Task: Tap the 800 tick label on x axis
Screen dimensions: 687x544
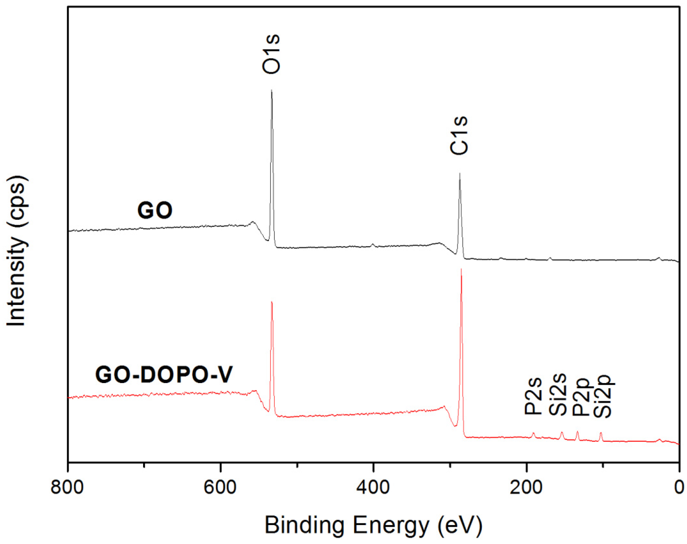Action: (67, 488)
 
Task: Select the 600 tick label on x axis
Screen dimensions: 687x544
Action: (220, 488)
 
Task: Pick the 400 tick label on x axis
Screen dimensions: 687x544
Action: (373, 488)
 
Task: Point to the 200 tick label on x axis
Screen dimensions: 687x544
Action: (526, 488)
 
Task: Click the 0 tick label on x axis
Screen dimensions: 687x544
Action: (679, 488)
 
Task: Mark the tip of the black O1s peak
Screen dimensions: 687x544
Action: (271, 90)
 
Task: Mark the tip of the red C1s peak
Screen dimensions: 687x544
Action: (461, 269)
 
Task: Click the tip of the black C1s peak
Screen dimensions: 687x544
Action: (459, 174)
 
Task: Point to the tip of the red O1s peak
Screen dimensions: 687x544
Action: (271, 302)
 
